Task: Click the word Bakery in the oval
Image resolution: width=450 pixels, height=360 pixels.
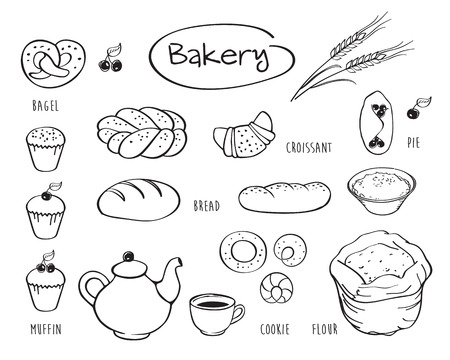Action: [219, 55]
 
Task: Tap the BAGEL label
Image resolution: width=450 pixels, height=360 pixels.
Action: [46, 106]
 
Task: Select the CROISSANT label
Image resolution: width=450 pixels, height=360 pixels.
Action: [309, 148]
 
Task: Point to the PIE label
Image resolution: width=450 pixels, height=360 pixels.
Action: [413, 143]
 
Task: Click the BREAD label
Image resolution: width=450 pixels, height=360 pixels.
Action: [207, 206]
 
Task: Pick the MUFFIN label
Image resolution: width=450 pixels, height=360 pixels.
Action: [46, 329]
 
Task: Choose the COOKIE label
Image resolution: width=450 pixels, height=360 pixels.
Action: [275, 329]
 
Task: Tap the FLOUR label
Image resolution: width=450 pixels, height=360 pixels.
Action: [325, 329]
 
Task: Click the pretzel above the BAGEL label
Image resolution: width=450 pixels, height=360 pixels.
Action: [53, 63]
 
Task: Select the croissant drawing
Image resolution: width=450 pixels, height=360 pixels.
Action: [244, 135]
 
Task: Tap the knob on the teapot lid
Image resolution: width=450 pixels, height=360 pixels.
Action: [128, 256]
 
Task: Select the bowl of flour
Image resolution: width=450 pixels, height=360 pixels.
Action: [382, 189]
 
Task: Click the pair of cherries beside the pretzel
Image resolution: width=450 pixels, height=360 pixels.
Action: [111, 58]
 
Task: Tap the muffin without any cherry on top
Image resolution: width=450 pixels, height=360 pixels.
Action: [46, 149]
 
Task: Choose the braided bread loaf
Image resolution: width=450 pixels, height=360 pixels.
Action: [142, 132]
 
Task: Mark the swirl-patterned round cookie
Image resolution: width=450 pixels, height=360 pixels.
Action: [276, 289]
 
